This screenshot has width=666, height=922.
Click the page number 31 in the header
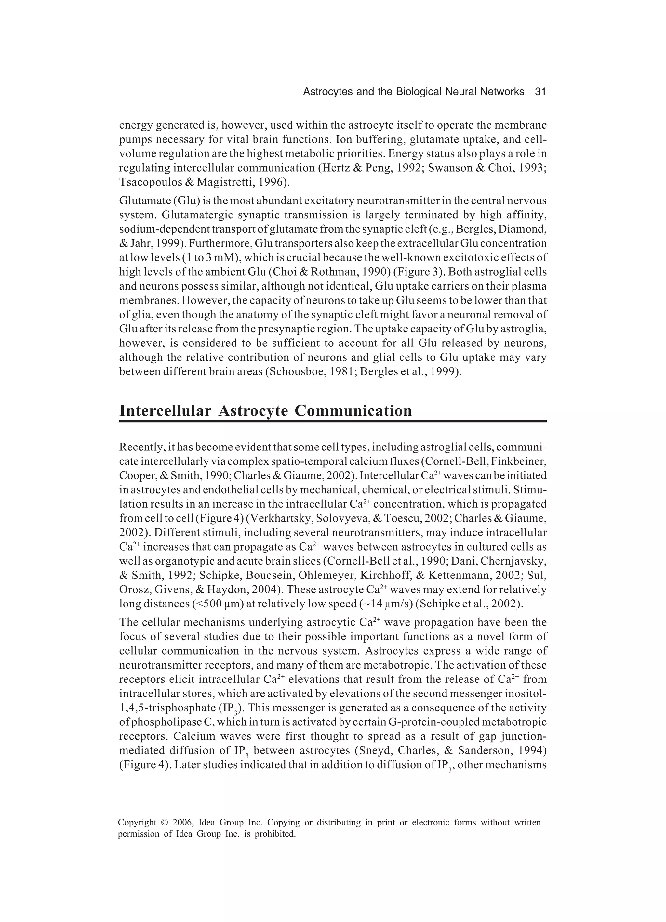pos(540,92)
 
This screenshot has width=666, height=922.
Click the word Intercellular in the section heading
pos(165,410)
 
